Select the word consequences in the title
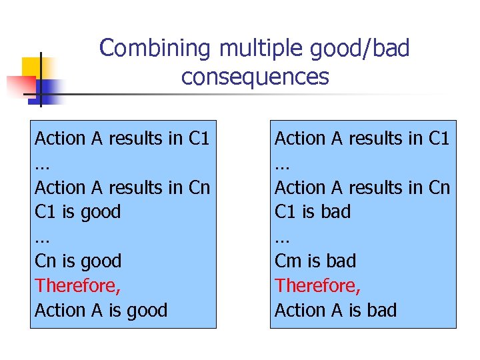[255, 77]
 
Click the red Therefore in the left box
[77, 285]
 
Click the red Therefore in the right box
[317, 285]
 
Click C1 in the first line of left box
[199, 139]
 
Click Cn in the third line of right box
[439, 188]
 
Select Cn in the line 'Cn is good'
[47, 261]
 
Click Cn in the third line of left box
[199, 188]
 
